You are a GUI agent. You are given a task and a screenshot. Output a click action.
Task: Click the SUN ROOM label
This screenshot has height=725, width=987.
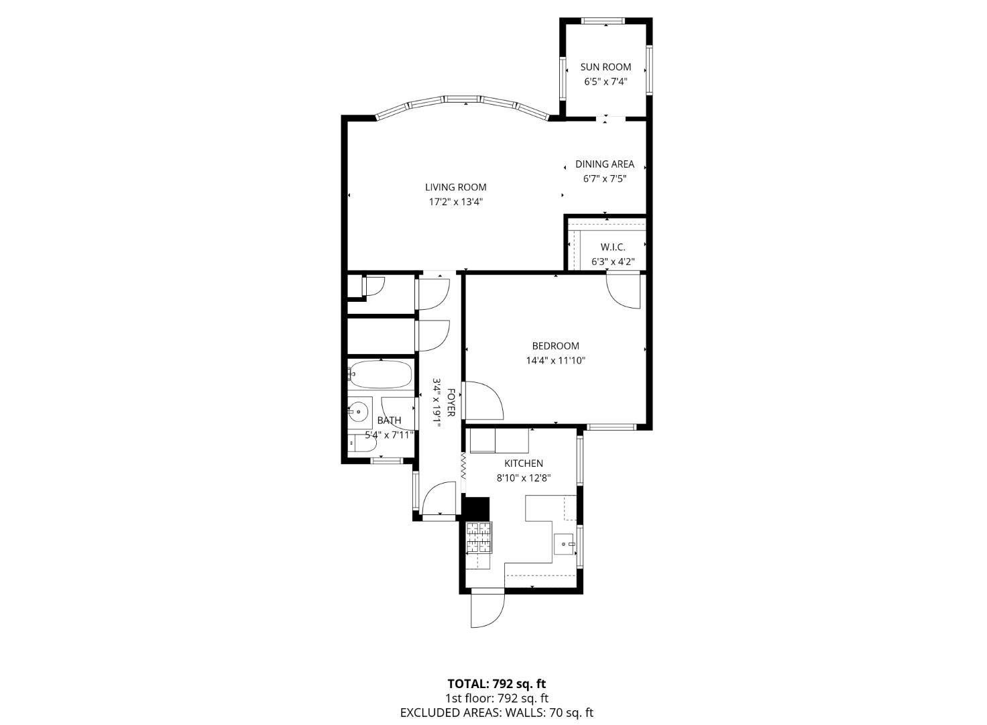[605, 67]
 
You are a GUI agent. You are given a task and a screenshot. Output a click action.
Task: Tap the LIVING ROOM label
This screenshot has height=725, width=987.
[455, 187]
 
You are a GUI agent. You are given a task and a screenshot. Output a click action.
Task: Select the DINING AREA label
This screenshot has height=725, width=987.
[604, 164]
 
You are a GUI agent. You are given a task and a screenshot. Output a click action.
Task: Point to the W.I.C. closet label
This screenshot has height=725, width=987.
[612, 247]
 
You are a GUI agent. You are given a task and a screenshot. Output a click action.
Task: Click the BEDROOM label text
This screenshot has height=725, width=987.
[555, 346]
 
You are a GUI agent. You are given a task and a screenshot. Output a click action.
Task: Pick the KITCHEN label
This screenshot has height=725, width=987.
[523, 463]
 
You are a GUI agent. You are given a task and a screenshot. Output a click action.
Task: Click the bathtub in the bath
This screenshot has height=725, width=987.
[380, 374]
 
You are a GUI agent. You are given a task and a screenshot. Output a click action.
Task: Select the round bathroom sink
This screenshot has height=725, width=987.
[359, 410]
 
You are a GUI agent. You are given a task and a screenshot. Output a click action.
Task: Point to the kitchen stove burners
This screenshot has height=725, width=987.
[479, 537]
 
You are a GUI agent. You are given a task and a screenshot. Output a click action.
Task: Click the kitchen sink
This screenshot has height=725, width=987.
[564, 542]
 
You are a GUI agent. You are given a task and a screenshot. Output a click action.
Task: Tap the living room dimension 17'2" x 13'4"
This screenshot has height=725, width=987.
[455, 202]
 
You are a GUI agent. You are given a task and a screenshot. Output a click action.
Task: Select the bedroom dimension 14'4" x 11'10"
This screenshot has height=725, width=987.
[555, 361]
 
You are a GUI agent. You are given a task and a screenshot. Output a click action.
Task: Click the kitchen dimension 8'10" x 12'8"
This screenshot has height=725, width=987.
[523, 478]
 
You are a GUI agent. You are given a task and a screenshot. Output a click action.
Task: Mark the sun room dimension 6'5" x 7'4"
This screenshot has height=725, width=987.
[605, 82]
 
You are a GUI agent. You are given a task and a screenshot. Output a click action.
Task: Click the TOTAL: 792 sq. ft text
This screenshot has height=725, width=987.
[496, 684]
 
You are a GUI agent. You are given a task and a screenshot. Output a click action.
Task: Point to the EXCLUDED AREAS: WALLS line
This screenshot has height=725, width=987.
[496, 713]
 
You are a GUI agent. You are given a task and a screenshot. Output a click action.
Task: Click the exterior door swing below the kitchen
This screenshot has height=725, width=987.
[487, 610]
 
